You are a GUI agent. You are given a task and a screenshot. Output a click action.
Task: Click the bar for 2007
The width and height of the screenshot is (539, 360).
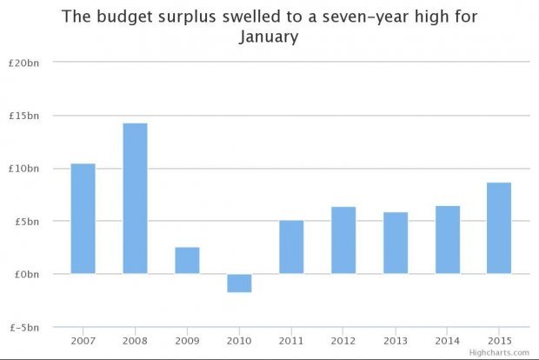(x=83, y=218)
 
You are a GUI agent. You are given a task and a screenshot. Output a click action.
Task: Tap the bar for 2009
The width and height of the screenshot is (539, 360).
(x=187, y=260)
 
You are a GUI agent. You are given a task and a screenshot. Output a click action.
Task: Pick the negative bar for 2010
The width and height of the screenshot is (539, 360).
(x=239, y=283)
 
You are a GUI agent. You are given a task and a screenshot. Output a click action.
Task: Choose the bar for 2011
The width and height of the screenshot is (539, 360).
(x=291, y=247)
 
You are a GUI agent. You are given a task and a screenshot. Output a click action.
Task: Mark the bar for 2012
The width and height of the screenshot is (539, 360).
(x=343, y=240)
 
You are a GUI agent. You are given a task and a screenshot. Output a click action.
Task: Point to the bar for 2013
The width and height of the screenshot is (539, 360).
(x=396, y=243)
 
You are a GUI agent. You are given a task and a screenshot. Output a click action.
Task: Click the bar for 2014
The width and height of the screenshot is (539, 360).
(x=448, y=240)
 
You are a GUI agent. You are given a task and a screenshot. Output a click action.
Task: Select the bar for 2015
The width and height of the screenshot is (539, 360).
(x=499, y=228)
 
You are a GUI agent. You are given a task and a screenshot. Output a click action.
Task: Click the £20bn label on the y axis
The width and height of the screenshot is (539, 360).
(x=27, y=63)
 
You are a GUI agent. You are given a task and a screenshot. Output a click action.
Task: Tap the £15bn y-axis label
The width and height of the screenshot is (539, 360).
(x=27, y=116)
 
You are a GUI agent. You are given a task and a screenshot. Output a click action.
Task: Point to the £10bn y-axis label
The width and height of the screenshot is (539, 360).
(x=27, y=169)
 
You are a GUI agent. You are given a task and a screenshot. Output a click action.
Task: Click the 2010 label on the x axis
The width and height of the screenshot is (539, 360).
(x=239, y=340)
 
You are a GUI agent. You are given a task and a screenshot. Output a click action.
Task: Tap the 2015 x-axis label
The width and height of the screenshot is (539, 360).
(x=499, y=340)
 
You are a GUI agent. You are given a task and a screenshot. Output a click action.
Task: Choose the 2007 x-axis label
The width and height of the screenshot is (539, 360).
(x=83, y=340)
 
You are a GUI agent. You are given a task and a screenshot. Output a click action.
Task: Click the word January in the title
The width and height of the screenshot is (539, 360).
(x=269, y=38)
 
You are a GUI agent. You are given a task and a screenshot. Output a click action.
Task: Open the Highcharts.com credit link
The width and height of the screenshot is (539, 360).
(x=499, y=353)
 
